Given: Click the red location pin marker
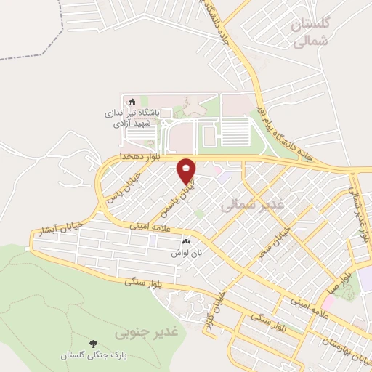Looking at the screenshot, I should pos(187,170).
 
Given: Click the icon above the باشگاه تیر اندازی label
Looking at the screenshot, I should pos(132,101).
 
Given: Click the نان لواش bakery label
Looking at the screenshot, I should pos(185,252).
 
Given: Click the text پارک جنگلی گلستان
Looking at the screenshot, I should pos(93,355).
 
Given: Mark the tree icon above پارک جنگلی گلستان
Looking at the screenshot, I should pos(93,342).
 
